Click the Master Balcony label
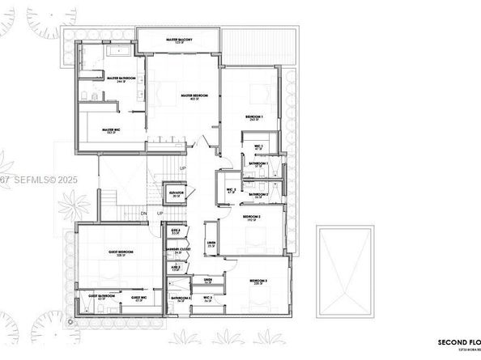coord(178,39)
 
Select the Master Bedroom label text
coord(194,95)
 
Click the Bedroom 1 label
coord(256,118)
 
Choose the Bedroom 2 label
coord(251,217)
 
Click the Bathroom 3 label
coord(180,299)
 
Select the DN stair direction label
coord(143,214)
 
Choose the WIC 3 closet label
coord(207,299)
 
